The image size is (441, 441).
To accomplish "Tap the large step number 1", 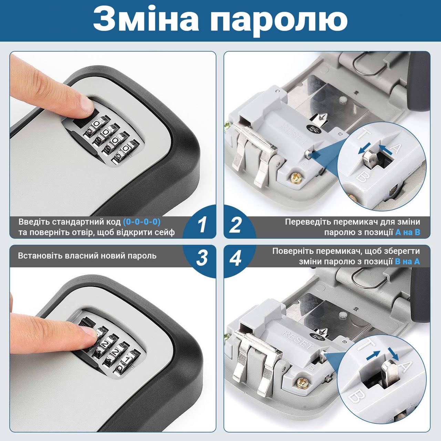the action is (202, 225).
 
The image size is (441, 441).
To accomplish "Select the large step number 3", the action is (202, 258).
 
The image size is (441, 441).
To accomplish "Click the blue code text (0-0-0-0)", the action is (142, 222).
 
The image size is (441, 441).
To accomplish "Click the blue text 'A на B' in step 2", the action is (408, 232).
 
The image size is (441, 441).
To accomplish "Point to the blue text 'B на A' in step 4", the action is (407, 261).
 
